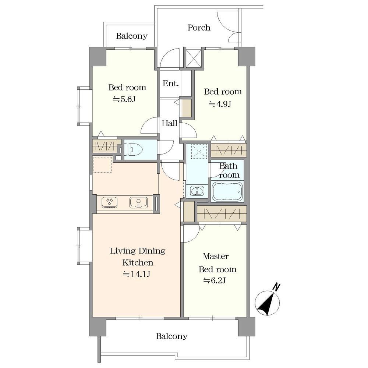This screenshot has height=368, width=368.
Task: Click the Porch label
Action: click(199, 28)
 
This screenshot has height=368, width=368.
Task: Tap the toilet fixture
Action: click(134, 150)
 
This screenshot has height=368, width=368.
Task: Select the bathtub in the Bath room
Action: click(227, 191)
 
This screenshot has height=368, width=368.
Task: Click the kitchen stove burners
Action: click(110, 203)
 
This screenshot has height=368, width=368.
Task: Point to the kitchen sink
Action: click(138, 203)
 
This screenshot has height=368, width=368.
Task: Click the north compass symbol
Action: click(268, 302)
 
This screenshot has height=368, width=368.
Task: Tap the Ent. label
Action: click(171, 83)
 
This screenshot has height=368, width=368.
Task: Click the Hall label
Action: click(169, 123)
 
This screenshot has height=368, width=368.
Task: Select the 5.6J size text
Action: click(124, 99)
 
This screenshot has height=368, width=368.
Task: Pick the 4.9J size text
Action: click(220, 104)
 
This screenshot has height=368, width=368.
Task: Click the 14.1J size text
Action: click(137, 274)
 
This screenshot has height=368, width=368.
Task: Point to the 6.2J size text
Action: click(215, 280)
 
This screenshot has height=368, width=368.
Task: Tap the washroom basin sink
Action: click(197, 191)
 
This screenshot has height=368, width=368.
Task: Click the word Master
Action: click(216, 256)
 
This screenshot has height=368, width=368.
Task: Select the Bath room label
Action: click(229, 171)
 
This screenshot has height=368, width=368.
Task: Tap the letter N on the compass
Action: click(277, 287)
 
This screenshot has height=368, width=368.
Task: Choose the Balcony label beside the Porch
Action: click(132, 36)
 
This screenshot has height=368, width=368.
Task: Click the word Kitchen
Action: click(138, 262)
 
